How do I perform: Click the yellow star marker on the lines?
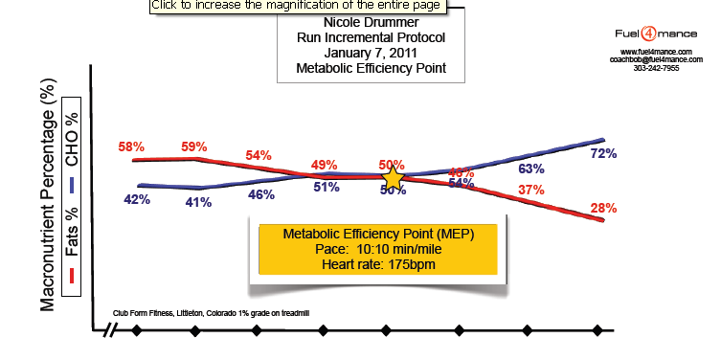pyautogui.click(x=393, y=178)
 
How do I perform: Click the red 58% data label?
pyautogui.click(x=131, y=147)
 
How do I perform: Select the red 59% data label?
pyautogui.click(x=193, y=147)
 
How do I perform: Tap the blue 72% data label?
pyautogui.click(x=602, y=153)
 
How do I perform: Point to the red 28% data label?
pyautogui.click(x=602, y=207)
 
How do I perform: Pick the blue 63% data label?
pyautogui.click(x=531, y=169)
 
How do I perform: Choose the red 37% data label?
pyautogui.click(x=531, y=190)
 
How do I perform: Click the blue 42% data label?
pyautogui.click(x=137, y=199)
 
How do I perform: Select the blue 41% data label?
pyautogui.click(x=198, y=202)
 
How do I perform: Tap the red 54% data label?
pyautogui.click(x=259, y=155)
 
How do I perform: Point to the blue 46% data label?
pyautogui.click(x=261, y=194)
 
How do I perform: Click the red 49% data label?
pyautogui.click(x=326, y=164)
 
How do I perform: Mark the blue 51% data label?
pyautogui.click(x=327, y=187)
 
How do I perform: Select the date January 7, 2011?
pyautogui.click(x=371, y=54)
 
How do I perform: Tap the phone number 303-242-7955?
pyautogui.click(x=656, y=68)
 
